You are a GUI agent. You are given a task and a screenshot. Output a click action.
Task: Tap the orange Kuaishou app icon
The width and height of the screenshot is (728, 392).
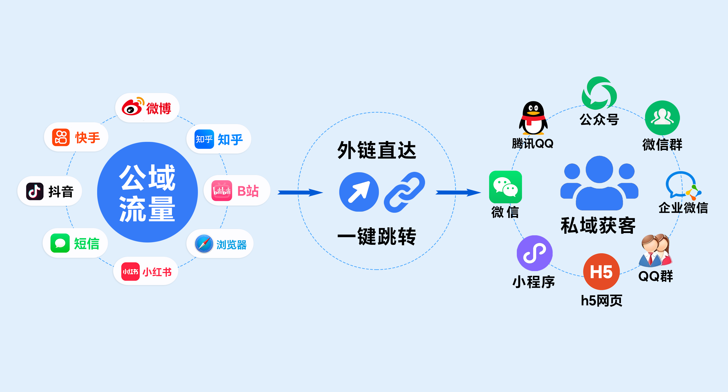[x=61, y=137]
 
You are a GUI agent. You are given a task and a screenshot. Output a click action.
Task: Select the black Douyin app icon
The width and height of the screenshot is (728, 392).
[x=35, y=191]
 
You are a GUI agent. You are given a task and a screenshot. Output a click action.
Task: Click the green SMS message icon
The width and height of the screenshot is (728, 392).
[x=60, y=243]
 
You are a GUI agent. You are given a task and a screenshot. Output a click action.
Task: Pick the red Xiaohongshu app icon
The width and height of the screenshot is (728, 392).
[x=130, y=271]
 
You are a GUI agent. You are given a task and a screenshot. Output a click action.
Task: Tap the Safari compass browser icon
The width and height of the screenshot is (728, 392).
[x=204, y=244]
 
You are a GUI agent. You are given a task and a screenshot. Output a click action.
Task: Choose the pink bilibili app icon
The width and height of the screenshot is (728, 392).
[x=222, y=191]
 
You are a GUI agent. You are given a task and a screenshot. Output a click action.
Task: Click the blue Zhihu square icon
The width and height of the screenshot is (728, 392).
[x=204, y=139]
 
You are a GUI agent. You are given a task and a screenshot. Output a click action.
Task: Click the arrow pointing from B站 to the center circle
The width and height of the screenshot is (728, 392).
[x=300, y=193]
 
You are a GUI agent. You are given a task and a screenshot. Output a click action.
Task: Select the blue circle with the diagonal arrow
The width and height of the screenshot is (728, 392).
[x=359, y=192]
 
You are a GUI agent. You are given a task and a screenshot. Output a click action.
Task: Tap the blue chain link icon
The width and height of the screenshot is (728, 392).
[x=404, y=192]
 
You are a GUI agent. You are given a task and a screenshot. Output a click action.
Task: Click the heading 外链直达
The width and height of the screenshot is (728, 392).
[x=376, y=150]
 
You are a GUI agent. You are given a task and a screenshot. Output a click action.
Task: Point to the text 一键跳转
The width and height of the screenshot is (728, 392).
[x=376, y=236]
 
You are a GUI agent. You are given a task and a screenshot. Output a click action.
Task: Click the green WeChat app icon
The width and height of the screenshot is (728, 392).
[x=505, y=187]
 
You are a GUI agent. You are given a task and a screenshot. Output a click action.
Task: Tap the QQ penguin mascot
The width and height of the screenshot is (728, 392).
[x=533, y=118]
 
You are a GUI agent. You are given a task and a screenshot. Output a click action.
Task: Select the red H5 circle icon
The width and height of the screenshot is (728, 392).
[x=601, y=271]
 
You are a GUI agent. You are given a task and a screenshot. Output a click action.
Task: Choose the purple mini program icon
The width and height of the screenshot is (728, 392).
[x=534, y=253]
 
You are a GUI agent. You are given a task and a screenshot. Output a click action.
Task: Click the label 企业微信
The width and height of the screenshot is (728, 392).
[x=683, y=208]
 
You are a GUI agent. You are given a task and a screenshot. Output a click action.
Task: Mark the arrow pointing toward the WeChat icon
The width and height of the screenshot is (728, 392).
[x=458, y=193]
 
